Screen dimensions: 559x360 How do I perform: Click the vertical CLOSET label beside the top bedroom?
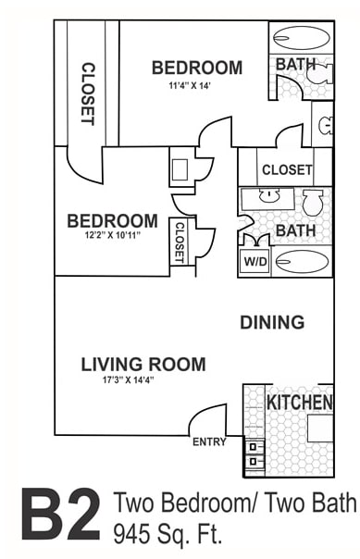(88, 93)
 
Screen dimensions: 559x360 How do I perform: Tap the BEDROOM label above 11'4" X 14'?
(197, 68)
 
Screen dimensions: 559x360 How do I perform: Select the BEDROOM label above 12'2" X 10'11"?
(112, 221)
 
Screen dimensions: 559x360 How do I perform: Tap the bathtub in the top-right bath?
(301, 38)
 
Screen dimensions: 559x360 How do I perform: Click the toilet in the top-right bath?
(318, 84)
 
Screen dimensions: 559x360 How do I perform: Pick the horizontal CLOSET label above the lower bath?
(287, 170)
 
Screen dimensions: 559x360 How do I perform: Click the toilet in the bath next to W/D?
(313, 200)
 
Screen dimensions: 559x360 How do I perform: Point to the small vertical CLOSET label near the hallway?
(180, 242)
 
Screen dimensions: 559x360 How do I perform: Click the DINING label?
(272, 322)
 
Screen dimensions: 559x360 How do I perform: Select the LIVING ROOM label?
(143, 364)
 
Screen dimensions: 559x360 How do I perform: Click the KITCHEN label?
(299, 403)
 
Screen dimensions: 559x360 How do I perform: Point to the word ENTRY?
(209, 442)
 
